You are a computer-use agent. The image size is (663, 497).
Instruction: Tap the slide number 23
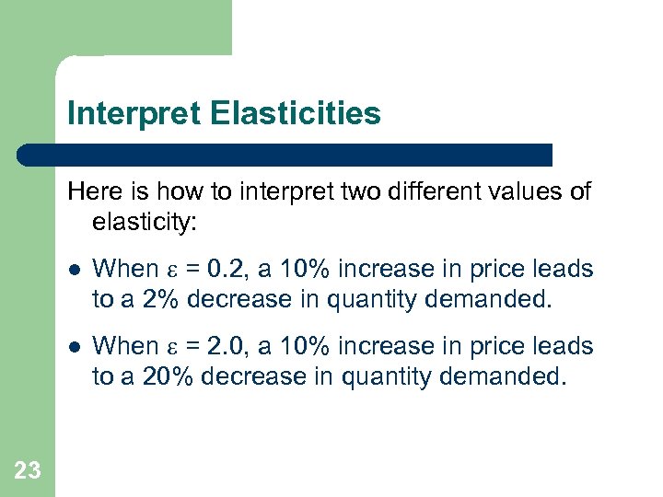point(28,471)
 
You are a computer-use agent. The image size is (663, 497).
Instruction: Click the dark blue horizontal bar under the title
point(285,155)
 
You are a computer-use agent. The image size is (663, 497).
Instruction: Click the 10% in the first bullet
point(303,269)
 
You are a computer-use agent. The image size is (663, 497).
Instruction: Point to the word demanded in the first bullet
point(498,299)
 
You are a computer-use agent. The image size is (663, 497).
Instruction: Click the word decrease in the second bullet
point(245,376)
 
